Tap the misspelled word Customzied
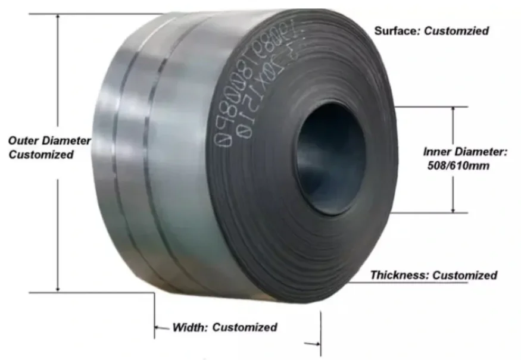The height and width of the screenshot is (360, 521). point(456,30)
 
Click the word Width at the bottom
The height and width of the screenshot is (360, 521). point(189,327)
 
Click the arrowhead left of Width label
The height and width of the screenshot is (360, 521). point(158,327)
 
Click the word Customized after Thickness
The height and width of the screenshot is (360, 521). point(464,275)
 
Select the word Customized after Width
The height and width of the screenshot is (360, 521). point(245,327)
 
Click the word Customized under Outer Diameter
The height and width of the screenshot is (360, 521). point(41,155)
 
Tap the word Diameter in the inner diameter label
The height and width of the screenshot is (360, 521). point(481,152)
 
